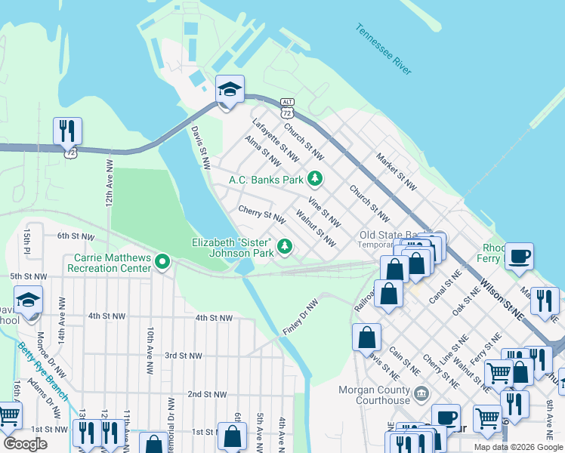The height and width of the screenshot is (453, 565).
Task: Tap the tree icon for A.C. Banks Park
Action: coord(315,180)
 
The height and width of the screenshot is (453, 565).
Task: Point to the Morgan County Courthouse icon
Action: coord(421,393)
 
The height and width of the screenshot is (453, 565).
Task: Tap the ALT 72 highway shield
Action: coord(286,107)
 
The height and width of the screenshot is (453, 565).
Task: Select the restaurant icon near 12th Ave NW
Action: coord(67,131)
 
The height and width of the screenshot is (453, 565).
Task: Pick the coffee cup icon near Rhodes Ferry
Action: coord(519,257)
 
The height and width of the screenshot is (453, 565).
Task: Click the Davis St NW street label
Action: coord(199,147)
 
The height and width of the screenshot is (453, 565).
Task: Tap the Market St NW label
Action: coord(397,171)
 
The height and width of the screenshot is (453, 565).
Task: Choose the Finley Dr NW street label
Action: coord(301,316)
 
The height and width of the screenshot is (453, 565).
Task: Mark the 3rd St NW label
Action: coord(184,356)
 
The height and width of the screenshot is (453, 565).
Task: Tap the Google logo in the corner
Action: coord(25,444)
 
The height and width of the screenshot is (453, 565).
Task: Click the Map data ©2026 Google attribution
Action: coord(517,447)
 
